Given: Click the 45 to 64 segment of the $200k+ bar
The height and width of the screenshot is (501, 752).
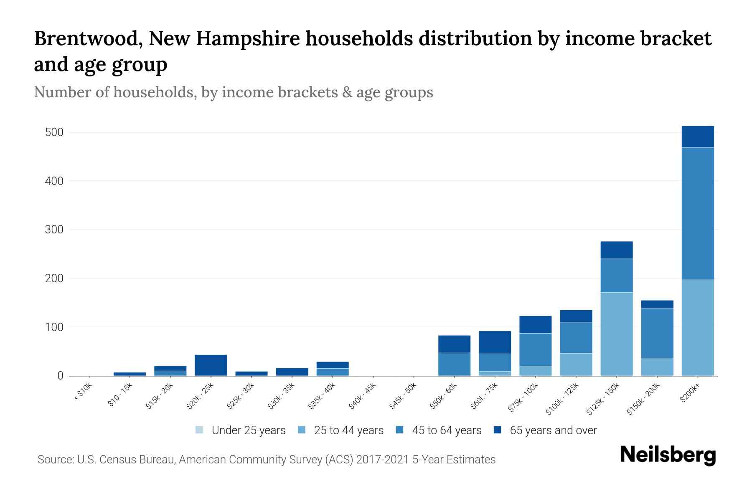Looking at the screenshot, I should (x=698, y=213).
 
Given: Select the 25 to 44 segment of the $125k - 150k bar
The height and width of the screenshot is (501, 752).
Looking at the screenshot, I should (x=617, y=334).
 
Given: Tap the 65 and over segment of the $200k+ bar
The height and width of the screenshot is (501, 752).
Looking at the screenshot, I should (x=698, y=137).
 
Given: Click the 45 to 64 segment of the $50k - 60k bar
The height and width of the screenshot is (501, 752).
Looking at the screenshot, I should (x=454, y=364).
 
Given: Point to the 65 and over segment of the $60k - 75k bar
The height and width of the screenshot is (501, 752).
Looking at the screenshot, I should (x=495, y=342).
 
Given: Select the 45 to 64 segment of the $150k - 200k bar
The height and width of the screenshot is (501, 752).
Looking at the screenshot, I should (x=657, y=333).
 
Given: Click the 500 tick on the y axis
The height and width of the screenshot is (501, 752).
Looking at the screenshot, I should (x=54, y=132).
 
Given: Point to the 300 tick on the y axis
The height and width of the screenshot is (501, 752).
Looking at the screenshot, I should (x=54, y=230).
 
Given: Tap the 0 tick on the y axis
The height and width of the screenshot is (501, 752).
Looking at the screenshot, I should (x=60, y=376).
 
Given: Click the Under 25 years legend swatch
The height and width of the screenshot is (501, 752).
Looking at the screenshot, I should (x=200, y=430).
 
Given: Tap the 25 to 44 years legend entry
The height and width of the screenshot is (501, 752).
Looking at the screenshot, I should (x=348, y=430).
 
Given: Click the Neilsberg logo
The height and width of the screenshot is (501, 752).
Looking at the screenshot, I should (x=668, y=455).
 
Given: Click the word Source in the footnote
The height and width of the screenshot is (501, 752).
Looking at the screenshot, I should (x=55, y=460).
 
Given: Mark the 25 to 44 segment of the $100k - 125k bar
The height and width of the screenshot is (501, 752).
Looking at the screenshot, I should (x=576, y=364).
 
